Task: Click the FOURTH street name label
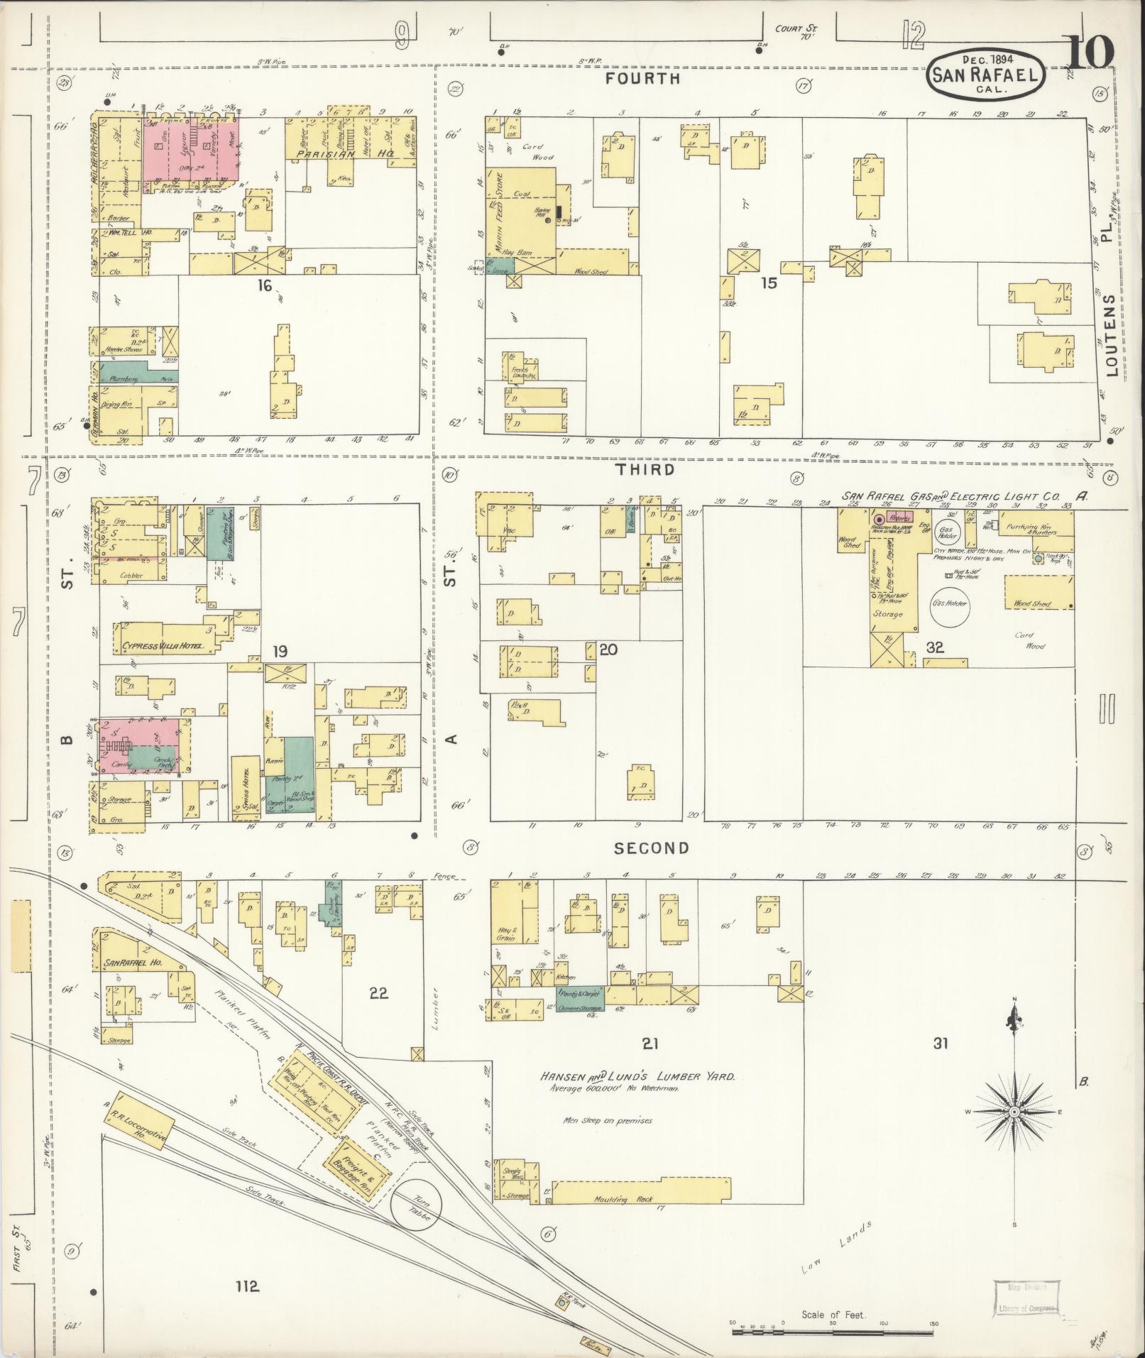(642, 79)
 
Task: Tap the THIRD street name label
(645, 470)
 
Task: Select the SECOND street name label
(652, 848)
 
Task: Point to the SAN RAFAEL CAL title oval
(987, 73)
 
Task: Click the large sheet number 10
(1090, 53)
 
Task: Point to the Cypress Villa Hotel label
(163, 647)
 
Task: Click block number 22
(378, 992)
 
